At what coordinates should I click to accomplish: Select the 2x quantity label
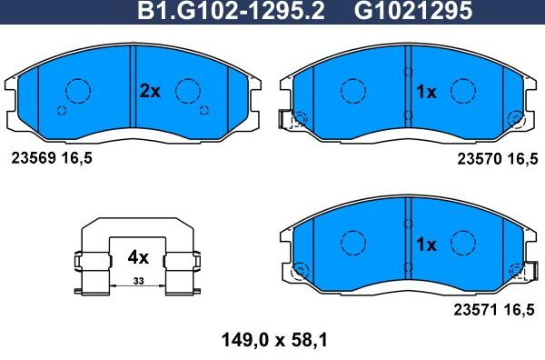coord(149,91)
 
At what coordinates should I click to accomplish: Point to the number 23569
coord(32,157)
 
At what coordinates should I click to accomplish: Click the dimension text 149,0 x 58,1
coord(273,341)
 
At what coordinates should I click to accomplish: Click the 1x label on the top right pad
coord(426,92)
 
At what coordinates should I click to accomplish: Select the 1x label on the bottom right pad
coord(426,245)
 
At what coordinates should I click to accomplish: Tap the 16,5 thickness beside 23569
coord(77,157)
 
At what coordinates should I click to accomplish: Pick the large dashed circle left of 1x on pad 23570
coord(352,90)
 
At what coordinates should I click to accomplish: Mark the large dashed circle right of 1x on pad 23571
coord(463,243)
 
